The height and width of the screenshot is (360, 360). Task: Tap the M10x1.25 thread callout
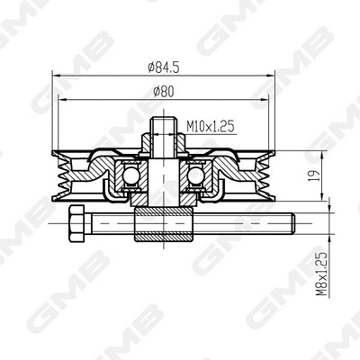click(x=210, y=128)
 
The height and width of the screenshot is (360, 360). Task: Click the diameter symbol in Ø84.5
click(x=148, y=65)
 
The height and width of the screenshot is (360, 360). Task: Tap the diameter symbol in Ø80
click(x=156, y=90)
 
